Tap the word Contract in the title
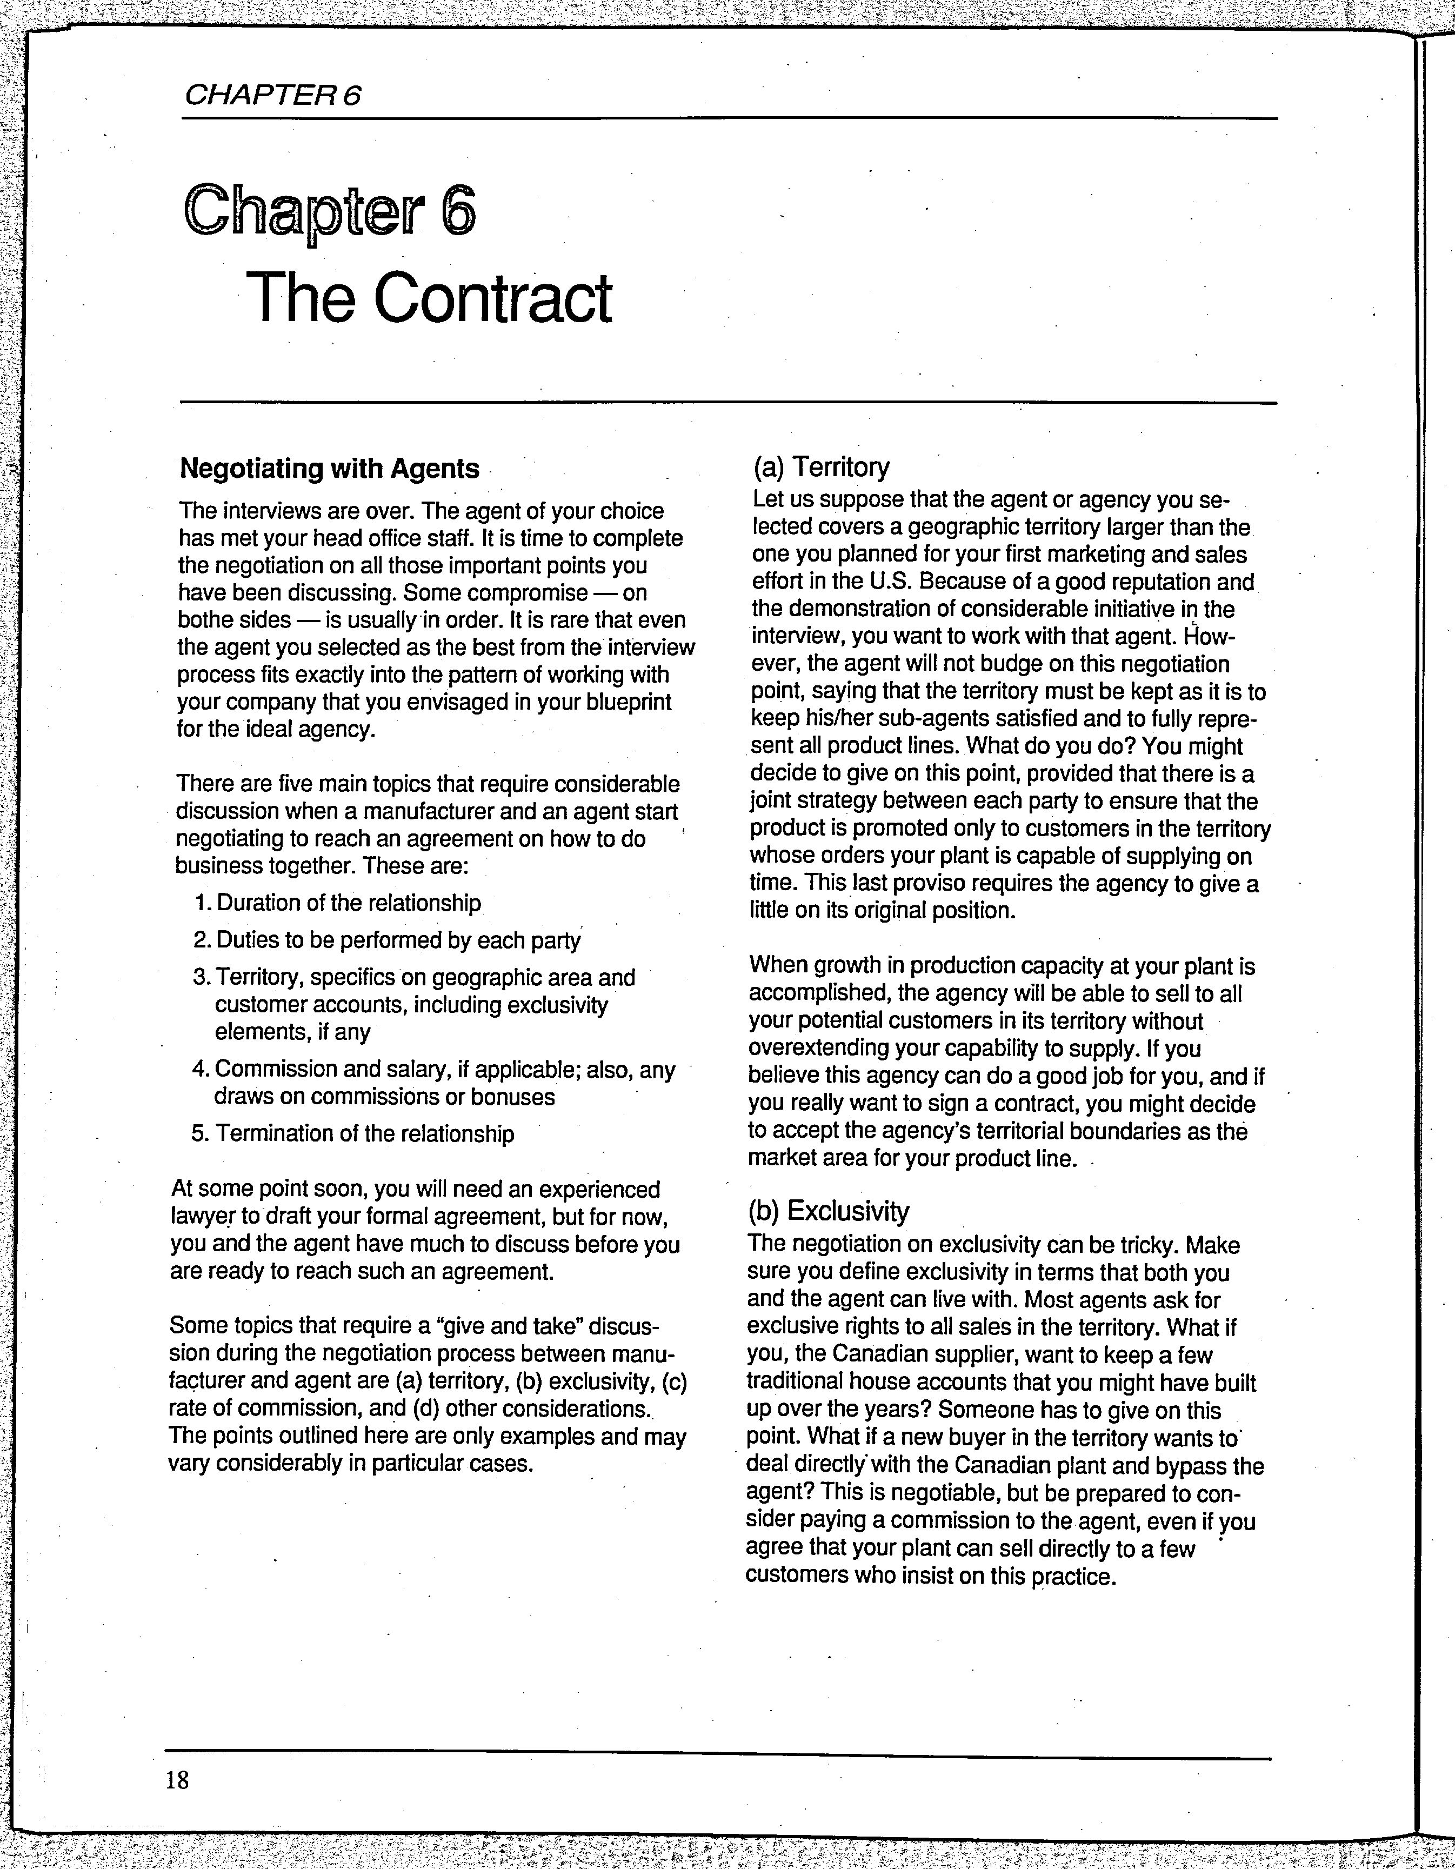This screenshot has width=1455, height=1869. [492, 299]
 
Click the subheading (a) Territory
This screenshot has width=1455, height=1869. [821, 467]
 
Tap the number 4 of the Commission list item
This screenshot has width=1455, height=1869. [198, 1071]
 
